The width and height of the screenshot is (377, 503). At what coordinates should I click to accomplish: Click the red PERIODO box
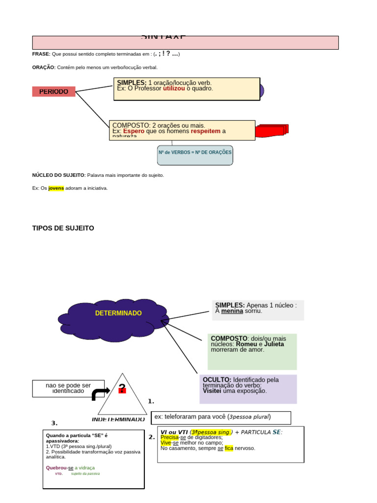coord(54,92)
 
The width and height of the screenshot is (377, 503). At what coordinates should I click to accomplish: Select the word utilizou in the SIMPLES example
coord(174,89)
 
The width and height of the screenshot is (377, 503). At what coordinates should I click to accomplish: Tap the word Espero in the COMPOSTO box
coord(134,132)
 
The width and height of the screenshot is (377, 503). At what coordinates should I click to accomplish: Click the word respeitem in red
coord(206,132)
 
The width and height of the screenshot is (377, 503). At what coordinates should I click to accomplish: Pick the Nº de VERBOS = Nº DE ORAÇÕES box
coord(195,153)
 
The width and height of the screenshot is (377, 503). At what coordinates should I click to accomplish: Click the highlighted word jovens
coord(56,188)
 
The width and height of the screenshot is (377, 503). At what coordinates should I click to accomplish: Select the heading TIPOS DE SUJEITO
coord(63,228)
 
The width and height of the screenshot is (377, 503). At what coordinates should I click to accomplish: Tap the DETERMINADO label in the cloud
coord(118,313)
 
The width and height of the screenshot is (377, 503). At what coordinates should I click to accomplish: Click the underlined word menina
coord(232,311)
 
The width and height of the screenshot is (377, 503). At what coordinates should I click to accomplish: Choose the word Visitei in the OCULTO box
coord(214,391)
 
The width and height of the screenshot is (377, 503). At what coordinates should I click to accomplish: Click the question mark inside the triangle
coord(122,389)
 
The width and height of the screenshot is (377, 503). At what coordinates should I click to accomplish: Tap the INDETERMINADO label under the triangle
coord(118,419)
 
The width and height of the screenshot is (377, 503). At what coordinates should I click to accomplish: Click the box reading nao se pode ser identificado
coord(68,388)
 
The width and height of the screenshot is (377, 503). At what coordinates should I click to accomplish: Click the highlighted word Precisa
coord(169,437)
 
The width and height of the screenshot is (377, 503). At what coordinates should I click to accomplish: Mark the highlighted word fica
coord(229,448)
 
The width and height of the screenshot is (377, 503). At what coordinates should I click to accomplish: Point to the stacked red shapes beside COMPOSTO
coord(272,131)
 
